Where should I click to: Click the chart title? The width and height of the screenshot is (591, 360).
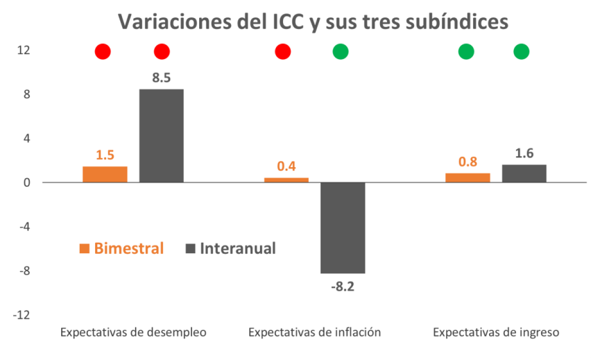313,22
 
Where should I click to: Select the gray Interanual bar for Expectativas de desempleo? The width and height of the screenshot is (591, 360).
162,136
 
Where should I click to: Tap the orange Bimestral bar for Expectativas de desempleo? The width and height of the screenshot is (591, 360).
105,174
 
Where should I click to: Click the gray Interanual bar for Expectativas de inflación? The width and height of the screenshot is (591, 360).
343,228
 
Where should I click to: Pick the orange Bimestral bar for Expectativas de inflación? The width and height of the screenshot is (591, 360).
286,180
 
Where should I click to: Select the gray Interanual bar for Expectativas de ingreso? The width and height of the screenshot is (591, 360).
524,173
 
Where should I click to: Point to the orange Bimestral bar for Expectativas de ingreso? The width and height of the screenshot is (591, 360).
468,178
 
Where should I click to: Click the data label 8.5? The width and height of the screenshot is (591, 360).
162,78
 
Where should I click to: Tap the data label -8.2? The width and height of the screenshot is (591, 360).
342,286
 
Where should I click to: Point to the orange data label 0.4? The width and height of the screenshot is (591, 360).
286,166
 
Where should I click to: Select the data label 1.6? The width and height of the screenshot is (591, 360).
524,153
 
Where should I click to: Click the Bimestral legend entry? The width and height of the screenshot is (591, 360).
121,248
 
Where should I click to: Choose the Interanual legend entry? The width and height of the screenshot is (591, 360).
230,248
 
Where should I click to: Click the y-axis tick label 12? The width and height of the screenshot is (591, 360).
24,50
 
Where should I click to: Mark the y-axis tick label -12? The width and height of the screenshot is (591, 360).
22,315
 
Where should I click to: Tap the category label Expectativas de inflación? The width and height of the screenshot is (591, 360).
314,332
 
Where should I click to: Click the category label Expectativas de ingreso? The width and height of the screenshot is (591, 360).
496,332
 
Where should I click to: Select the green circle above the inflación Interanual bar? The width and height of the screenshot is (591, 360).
341,51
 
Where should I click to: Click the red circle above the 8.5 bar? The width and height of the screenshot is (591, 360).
162,51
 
